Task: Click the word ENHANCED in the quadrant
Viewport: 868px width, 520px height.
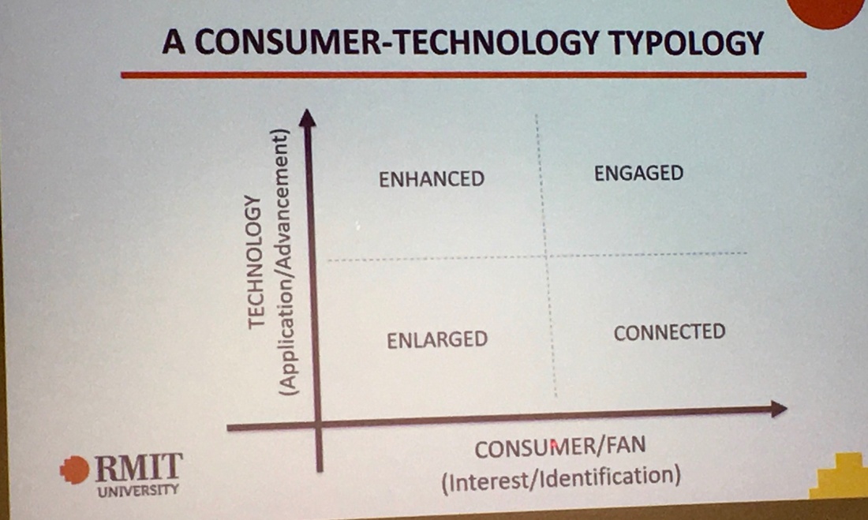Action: [x=431, y=179]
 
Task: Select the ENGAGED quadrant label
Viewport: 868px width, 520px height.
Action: [x=639, y=174]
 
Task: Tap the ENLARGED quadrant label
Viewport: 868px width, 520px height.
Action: [x=437, y=339]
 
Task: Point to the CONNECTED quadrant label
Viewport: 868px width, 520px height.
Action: [x=669, y=332]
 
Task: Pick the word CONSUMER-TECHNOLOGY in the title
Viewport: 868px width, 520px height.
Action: [x=396, y=42]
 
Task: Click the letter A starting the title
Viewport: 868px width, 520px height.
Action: [x=174, y=43]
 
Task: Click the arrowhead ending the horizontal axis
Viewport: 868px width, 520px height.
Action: [x=779, y=409]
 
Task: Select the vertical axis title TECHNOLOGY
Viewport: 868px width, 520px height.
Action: [x=254, y=262]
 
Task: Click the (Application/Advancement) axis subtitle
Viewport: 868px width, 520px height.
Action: [x=284, y=262]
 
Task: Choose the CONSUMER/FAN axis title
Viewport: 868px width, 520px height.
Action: [x=559, y=447]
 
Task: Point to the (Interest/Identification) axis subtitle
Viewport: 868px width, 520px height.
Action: [x=561, y=478]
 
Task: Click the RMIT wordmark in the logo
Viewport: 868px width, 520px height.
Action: [x=138, y=467]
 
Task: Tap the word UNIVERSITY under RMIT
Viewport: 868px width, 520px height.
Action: [x=138, y=490]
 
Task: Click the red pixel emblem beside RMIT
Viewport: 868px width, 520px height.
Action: [x=75, y=470]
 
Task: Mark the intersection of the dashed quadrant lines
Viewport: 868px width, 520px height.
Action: [x=546, y=256]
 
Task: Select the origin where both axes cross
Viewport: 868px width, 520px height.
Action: [x=318, y=425]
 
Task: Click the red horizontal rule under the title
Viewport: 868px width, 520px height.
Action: [x=463, y=75]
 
